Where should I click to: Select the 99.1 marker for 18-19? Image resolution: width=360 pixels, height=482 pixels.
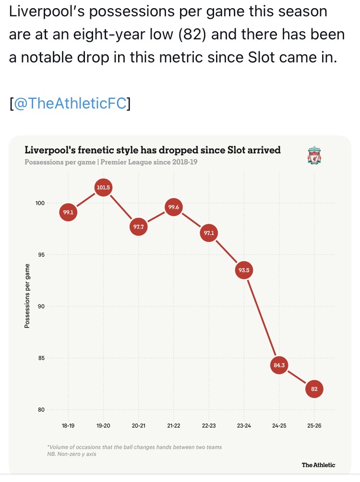point(68,212)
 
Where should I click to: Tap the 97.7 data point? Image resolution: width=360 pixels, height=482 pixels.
point(138,227)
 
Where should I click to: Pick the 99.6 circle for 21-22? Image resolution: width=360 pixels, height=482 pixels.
point(173,207)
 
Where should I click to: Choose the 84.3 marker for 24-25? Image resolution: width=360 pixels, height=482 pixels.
point(279,365)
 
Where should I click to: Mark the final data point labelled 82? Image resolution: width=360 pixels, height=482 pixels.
point(314,389)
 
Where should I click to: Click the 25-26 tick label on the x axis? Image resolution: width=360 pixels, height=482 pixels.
point(314,426)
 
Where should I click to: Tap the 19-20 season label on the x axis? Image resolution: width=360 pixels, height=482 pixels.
point(103,426)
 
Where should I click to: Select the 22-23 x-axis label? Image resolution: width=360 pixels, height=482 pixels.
point(209,426)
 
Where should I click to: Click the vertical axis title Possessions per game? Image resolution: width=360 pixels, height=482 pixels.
point(27,296)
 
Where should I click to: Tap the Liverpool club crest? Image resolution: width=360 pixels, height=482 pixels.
point(314,156)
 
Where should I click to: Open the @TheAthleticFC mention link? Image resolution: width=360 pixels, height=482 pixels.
point(71,104)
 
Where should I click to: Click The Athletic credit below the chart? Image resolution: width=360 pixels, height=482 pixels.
point(318,465)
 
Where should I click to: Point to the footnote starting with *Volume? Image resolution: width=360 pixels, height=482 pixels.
point(135,447)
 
